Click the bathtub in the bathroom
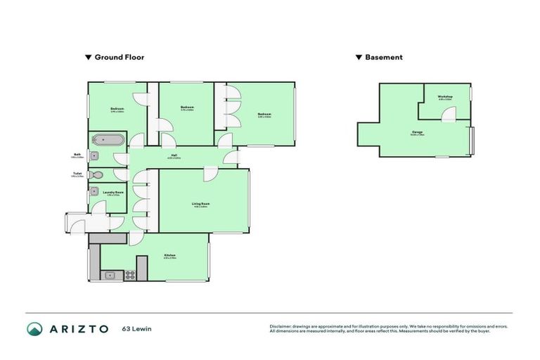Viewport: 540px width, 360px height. point(108,140)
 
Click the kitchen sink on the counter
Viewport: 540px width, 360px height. point(110,275)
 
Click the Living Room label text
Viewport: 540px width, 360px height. point(201,204)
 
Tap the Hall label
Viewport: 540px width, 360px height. point(174,155)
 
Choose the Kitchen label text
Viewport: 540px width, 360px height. point(169,255)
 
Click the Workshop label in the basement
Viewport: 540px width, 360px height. point(444,96)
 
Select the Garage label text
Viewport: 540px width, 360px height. point(417,131)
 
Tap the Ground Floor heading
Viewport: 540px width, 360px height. point(119,58)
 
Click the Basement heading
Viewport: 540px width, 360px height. point(383,58)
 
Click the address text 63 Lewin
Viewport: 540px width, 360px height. point(136,328)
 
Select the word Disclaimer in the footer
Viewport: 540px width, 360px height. point(283,326)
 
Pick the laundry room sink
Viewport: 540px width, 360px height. point(94,191)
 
